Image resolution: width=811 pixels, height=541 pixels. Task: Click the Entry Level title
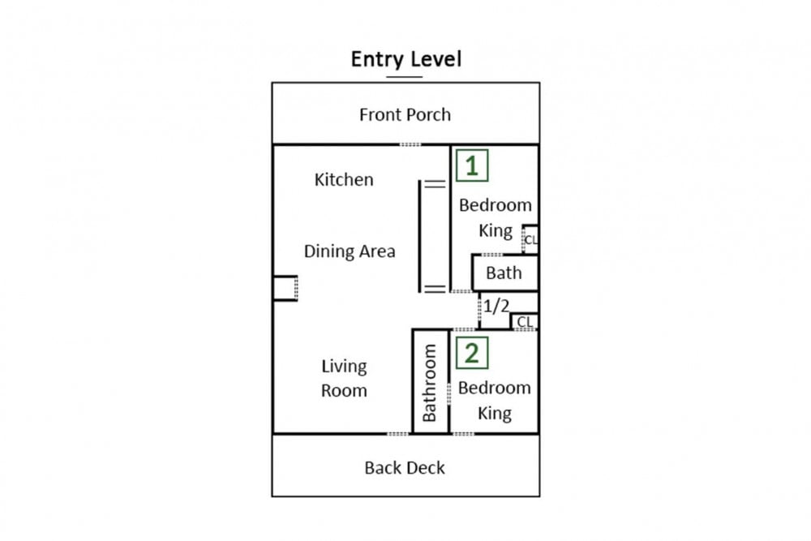click(x=406, y=59)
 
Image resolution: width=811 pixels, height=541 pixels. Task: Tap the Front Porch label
click(x=405, y=114)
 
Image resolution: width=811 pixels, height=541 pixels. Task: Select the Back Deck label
click(x=405, y=467)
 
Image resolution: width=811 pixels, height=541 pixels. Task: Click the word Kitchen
click(x=344, y=179)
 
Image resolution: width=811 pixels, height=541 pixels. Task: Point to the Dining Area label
click(x=350, y=251)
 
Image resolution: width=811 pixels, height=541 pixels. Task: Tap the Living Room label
click(x=344, y=378)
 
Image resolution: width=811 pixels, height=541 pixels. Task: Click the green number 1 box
click(x=472, y=165)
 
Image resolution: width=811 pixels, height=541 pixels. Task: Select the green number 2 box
click(x=472, y=354)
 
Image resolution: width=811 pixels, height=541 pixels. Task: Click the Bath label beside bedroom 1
click(x=504, y=273)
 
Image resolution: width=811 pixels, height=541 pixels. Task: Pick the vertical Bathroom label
click(x=430, y=383)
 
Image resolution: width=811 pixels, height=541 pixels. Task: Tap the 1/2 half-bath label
click(x=496, y=306)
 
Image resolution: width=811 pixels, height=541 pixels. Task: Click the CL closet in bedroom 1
click(x=530, y=239)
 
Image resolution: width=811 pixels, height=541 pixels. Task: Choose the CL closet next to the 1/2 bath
click(x=525, y=322)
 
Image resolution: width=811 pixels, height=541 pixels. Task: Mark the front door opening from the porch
click(x=410, y=145)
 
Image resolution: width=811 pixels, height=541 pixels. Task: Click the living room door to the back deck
click(x=397, y=434)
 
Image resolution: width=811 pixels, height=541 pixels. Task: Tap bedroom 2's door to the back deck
click(x=463, y=434)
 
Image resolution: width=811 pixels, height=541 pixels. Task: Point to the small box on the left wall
click(x=285, y=288)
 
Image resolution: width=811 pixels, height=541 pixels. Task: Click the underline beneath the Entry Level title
click(x=405, y=77)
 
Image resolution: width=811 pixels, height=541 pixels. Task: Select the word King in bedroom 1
click(x=496, y=230)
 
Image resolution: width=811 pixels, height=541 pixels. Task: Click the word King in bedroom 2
click(x=495, y=413)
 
